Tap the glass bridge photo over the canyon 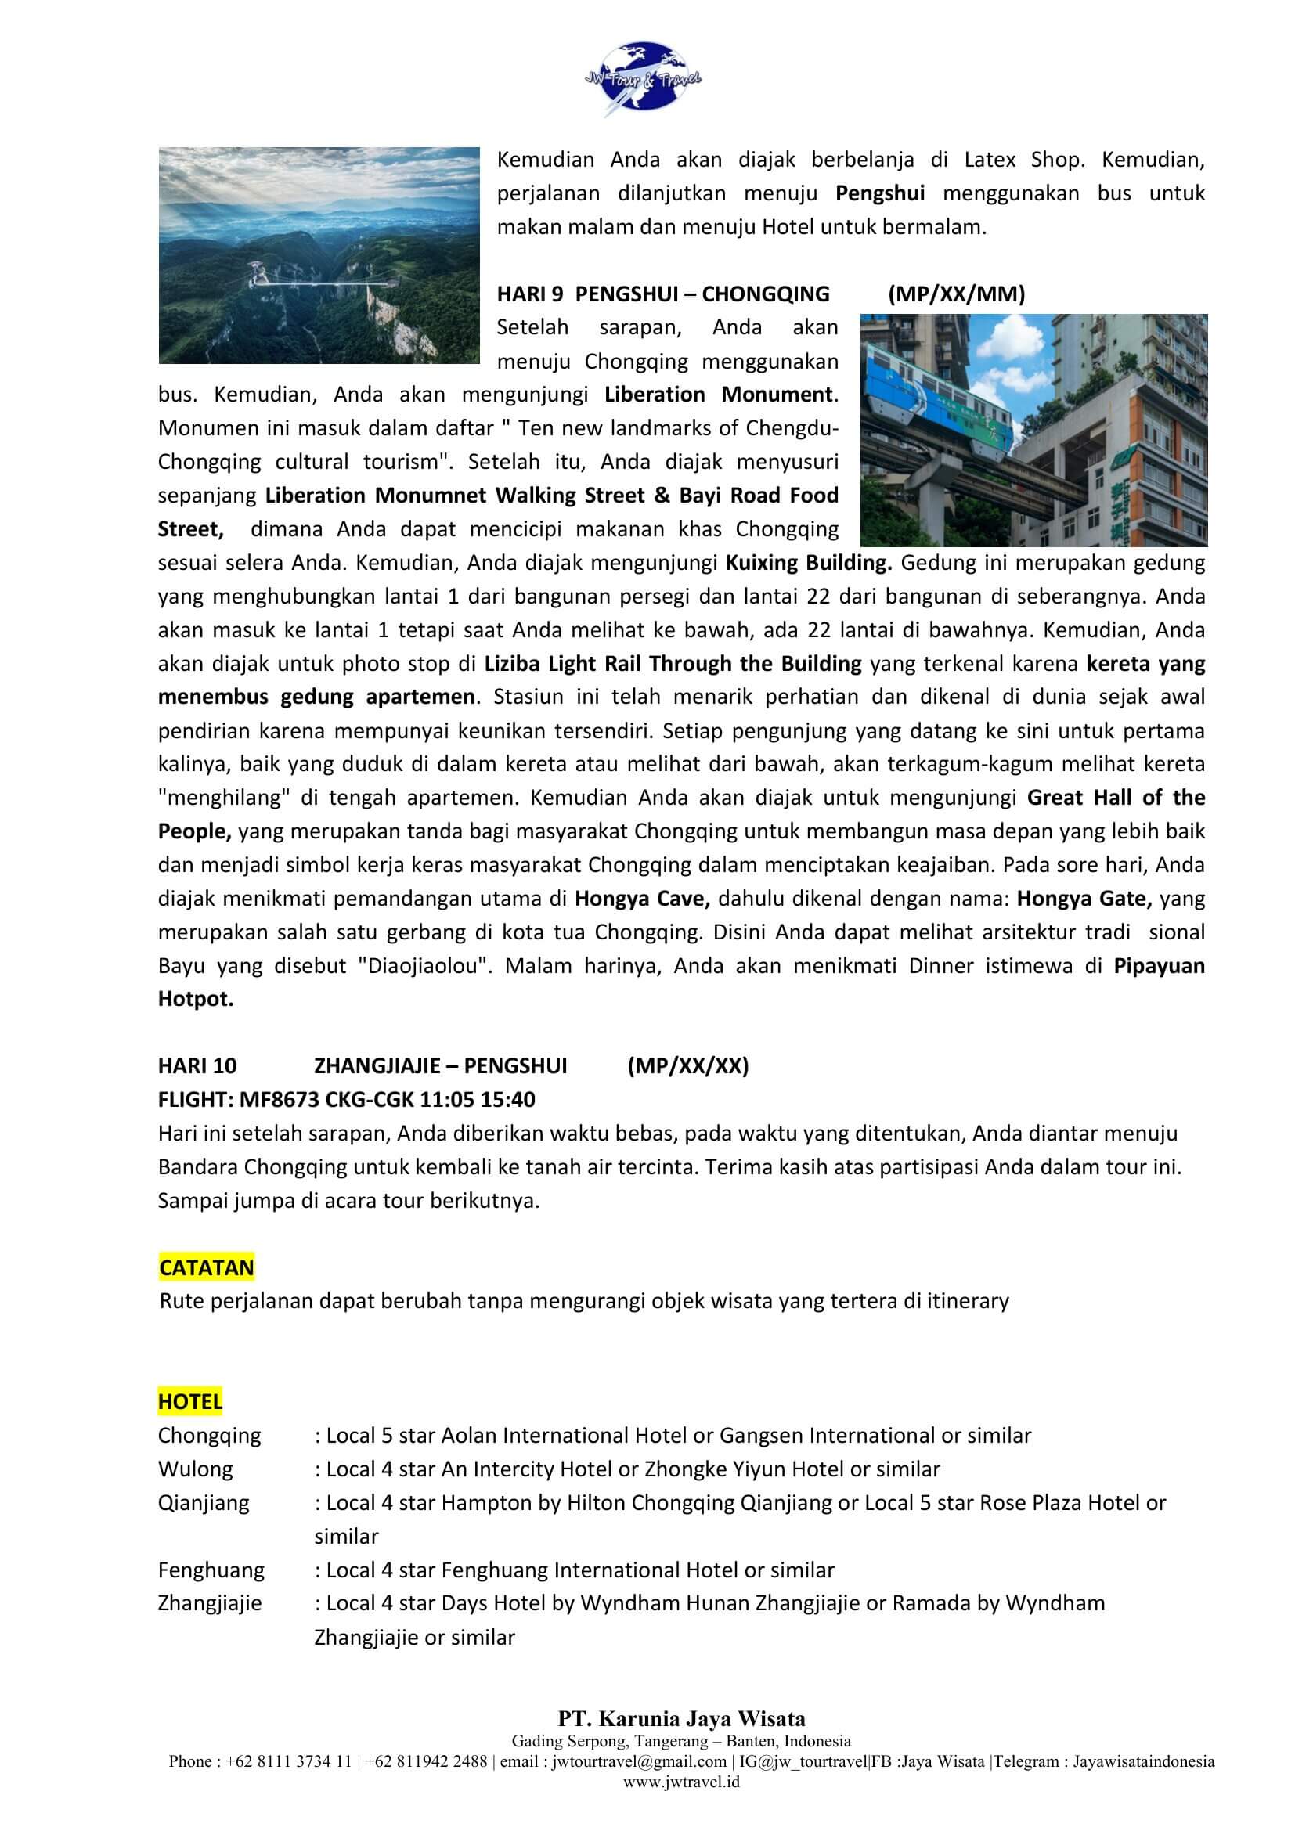(x=319, y=255)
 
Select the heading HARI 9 (x=530, y=294)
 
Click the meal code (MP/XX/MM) (x=956, y=294)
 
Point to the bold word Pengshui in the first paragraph (x=879, y=193)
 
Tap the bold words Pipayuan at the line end (x=1159, y=966)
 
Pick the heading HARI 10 (x=197, y=1066)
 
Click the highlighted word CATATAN (x=207, y=1267)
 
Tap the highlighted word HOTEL (x=189, y=1401)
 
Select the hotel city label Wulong (x=196, y=1469)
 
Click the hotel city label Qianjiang (x=204, y=1502)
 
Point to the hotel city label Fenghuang (x=211, y=1570)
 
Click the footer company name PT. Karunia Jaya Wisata (x=681, y=1718)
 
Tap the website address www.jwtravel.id (x=681, y=1782)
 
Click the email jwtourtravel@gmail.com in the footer (x=639, y=1761)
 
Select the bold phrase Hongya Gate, (x=1084, y=899)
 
